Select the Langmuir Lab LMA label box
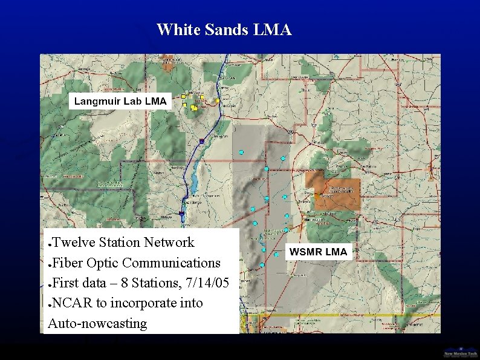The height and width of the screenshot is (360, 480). pyautogui.click(x=120, y=101)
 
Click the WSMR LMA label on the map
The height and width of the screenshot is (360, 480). pyautogui.click(x=318, y=252)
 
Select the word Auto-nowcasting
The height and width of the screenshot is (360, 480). pyautogui.click(x=97, y=324)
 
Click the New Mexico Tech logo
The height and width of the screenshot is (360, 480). pyautogui.click(x=460, y=352)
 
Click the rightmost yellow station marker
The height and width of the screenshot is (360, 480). pyautogui.click(x=218, y=100)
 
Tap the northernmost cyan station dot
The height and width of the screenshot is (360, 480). pyautogui.click(x=241, y=152)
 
